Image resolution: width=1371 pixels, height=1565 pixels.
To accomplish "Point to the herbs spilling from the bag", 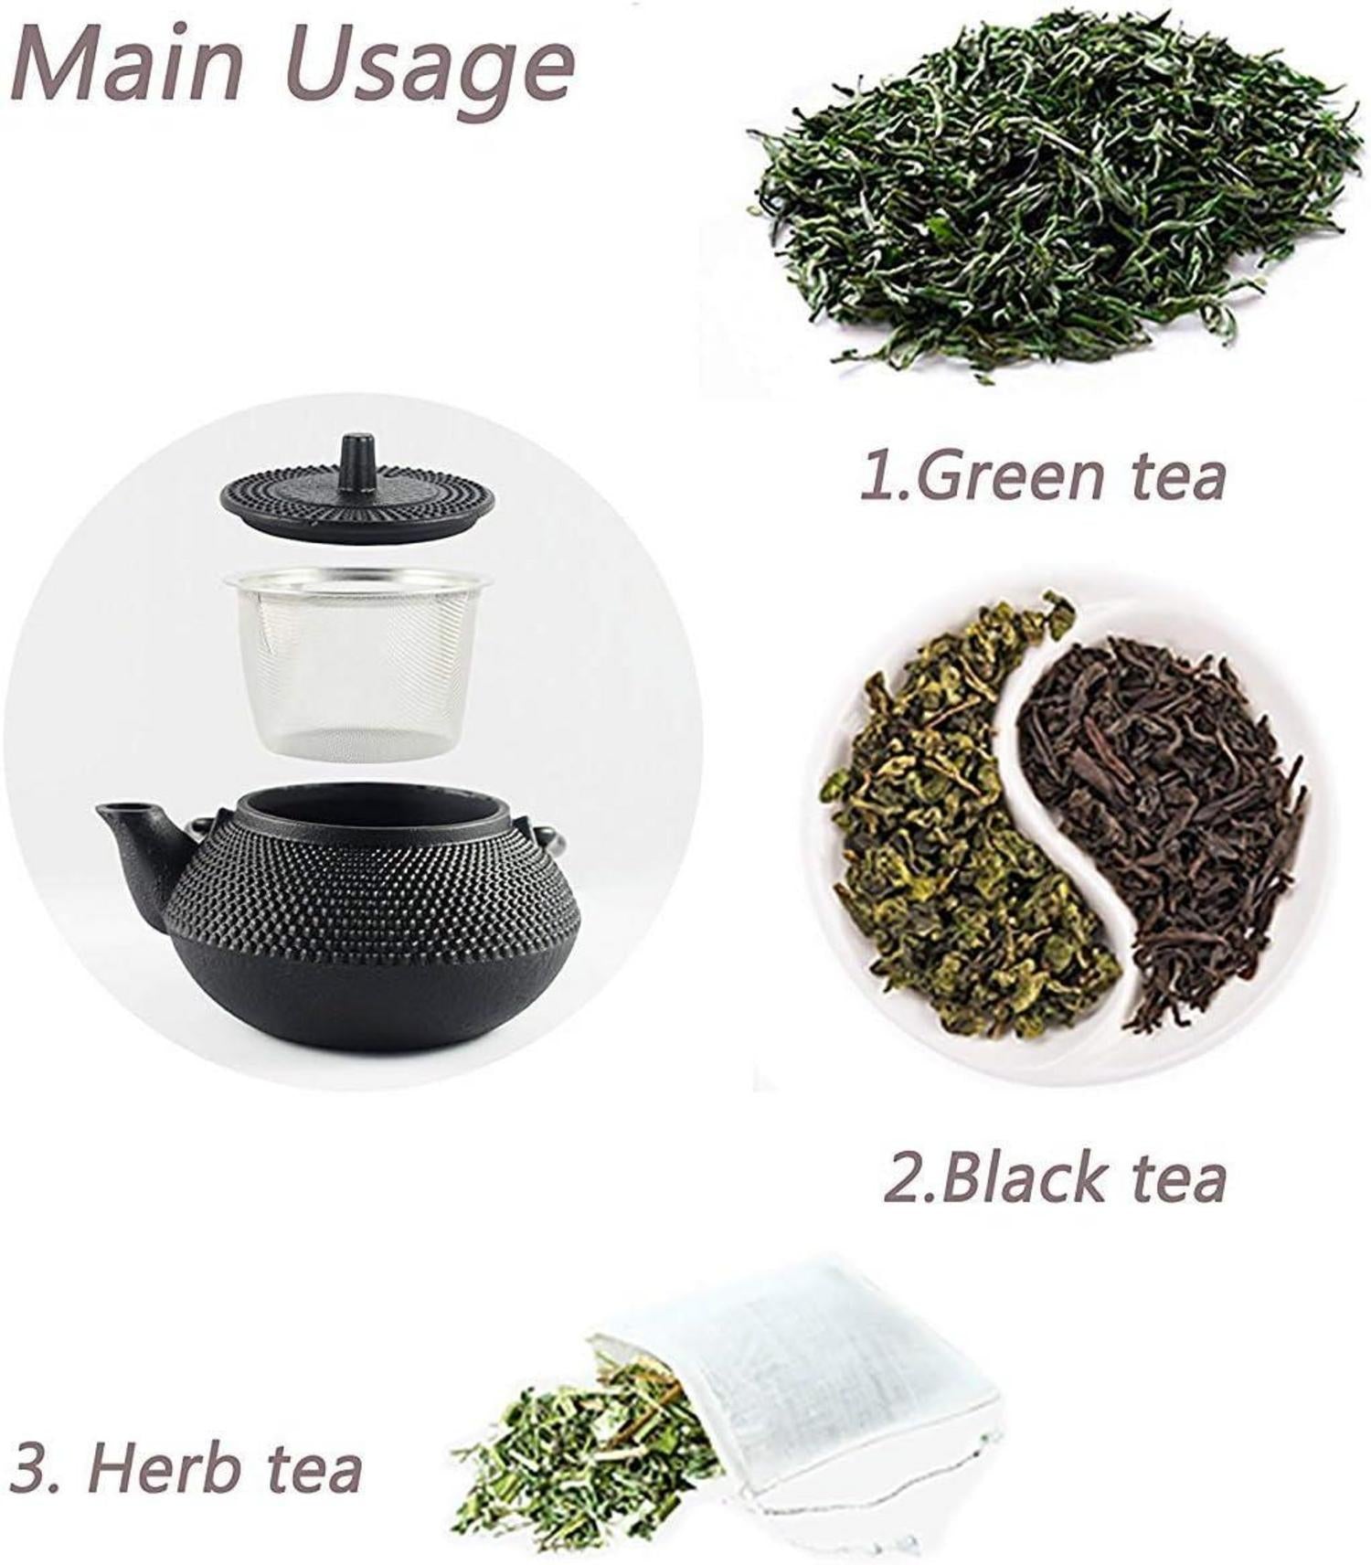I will [x=585, y=1453].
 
